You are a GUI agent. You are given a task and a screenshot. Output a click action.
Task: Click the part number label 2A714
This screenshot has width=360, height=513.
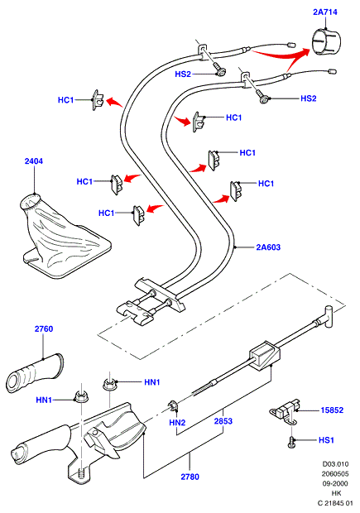pyautogui.click(x=325, y=12)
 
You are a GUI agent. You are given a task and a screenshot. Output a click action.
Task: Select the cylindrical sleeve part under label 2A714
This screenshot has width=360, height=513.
pyautogui.click(x=325, y=41)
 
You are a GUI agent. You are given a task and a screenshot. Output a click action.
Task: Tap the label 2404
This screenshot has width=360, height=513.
pyautogui.click(x=34, y=161)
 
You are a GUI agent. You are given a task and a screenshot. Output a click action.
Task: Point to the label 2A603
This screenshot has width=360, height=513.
pyautogui.click(x=268, y=247)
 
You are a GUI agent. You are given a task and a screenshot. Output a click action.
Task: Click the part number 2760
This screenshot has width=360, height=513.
pyautogui.click(x=44, y=328)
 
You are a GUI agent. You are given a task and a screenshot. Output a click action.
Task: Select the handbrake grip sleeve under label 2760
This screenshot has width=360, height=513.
pyautogui.click(x=35, y=373)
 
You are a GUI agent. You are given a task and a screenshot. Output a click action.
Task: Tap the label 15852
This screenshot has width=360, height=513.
pyautogui.click(x=332, y=410)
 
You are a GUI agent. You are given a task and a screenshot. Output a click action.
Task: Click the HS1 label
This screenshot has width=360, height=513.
pyautogui.click(x=326, y=440)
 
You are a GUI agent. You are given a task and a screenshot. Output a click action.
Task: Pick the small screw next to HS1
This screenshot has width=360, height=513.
pyautogui.click(x=291, y=442)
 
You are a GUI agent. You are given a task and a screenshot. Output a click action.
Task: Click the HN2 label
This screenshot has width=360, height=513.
pyautogui.click(x=177, y=423)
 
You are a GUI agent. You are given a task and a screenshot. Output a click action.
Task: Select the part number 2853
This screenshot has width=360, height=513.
pyautogui.click(x=223, y=421)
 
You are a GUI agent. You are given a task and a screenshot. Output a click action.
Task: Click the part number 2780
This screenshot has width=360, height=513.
pyautogui.click(x=190, y=477)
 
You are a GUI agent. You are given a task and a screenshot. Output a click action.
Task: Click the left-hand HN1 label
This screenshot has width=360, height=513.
pyautogui.click(x=44, y=400)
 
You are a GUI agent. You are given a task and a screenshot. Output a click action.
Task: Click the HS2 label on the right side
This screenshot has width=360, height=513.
pyautogui.click(x=309, y=98)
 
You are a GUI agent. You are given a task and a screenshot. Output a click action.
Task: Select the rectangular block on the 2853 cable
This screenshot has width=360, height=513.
pyautogui.click(x=265, y=356)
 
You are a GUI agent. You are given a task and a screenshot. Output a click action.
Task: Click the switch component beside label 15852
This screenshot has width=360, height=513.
pyautogui.click(x=285, y=411)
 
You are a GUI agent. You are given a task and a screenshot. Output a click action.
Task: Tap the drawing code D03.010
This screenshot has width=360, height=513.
pyautogui.click(x=335, y=464)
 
